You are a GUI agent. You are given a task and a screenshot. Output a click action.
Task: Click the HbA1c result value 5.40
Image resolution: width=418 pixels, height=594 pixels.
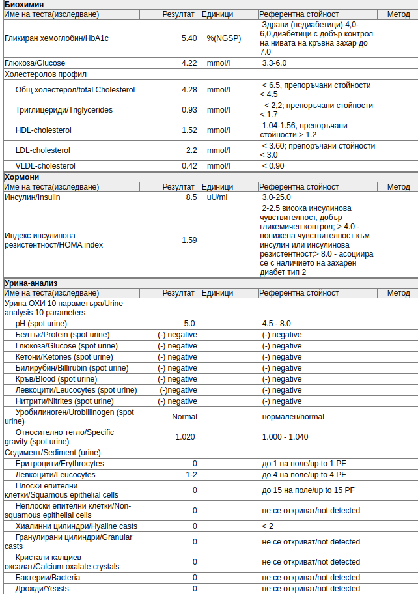click(x=189, y=38)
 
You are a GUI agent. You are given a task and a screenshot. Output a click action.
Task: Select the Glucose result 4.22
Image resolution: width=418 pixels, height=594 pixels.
click(x=189, y=63)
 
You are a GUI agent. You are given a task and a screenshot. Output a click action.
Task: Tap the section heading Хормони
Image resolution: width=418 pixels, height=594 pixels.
click(x=22, y=177)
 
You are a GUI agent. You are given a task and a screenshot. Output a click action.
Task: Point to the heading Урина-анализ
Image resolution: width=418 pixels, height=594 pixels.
click(x=31, y=283)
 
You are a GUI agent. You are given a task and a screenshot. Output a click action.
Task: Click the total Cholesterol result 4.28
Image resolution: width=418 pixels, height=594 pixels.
click(x=189, y=89)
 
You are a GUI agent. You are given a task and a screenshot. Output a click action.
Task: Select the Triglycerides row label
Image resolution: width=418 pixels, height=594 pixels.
click(x=64, y=110)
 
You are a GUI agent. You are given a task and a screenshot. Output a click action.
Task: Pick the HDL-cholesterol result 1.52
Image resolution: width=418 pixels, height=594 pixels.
click(x=189, y=130)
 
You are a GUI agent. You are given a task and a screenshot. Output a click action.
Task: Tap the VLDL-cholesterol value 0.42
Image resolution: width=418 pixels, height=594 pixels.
click(x=189, y=166)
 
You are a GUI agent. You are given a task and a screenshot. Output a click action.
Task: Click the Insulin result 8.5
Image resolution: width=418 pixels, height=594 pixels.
click(x=191, y=197)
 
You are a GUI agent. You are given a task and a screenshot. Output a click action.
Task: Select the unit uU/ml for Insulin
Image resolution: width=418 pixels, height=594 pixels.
click(x=217, y=197)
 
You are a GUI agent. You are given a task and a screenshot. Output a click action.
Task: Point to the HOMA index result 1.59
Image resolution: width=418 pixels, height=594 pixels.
click(x=189, y=240)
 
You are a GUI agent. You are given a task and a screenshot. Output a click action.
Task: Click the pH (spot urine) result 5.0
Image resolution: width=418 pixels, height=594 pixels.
click(x=189, y=324)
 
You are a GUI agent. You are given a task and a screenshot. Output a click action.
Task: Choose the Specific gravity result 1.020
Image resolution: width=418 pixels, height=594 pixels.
click(x=185, y=437)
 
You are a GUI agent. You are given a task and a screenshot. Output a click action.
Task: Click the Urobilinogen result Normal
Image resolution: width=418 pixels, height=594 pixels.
click(x=184, y=417)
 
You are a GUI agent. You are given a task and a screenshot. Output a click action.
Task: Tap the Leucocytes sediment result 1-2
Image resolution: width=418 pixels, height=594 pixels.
click(x=191, y=475)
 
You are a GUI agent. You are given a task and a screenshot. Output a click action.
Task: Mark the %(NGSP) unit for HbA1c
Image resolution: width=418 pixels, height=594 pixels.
click(x=223, y=38)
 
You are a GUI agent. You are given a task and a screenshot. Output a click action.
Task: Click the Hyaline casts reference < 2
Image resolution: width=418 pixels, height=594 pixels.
click(x=268, y=526)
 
